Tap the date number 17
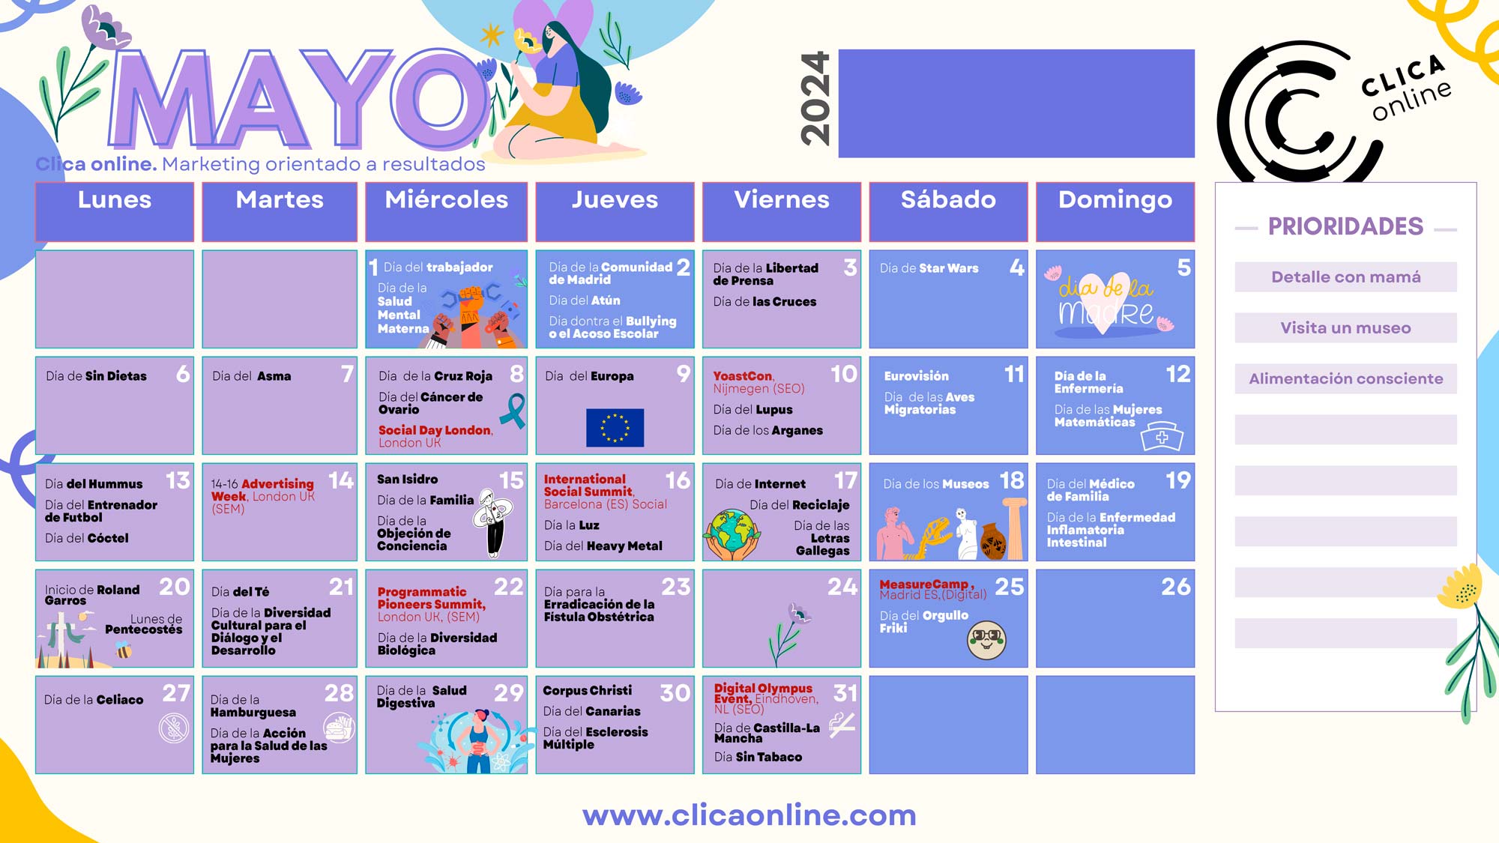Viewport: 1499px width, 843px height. [845, 480]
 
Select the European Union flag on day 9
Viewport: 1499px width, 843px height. [615, 428]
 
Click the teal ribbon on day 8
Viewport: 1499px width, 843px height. [514, 411]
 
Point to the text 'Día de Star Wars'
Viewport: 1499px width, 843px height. [929, 268]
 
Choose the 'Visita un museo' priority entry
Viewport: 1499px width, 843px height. [1345, 327]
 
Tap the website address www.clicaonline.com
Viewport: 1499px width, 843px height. [749, 815]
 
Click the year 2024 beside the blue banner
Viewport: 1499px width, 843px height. [815, 98]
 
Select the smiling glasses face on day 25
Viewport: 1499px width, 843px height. [986, 640]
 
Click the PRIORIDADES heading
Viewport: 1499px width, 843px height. [1345, 226]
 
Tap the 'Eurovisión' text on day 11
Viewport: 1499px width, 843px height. [916, 376]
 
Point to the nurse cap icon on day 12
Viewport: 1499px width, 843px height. [1162, 436]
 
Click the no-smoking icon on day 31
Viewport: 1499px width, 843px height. [842, 725]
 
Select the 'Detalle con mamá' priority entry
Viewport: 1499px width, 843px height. [1345, 277]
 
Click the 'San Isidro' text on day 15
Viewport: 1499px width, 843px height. [407, 480]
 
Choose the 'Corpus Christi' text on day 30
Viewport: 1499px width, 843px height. [587, 691]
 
